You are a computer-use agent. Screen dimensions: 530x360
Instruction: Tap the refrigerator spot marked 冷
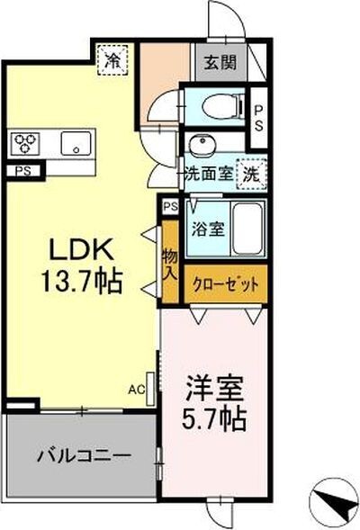(x=112, y=62)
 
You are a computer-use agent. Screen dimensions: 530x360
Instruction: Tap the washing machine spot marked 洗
(x=253, y=175)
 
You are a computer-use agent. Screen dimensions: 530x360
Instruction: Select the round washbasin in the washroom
(x=197, y=145)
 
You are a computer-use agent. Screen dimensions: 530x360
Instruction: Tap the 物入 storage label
(x=170, y=265)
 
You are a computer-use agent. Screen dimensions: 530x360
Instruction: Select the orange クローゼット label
(x=225, y=283)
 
